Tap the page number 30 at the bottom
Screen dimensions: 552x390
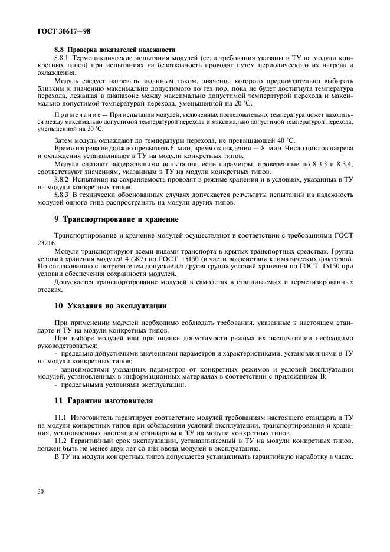click(40, 491)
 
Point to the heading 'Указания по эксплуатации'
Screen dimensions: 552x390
click(112, 306)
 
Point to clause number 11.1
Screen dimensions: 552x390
click(60, 416)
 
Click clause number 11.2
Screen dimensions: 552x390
click(60, 441)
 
